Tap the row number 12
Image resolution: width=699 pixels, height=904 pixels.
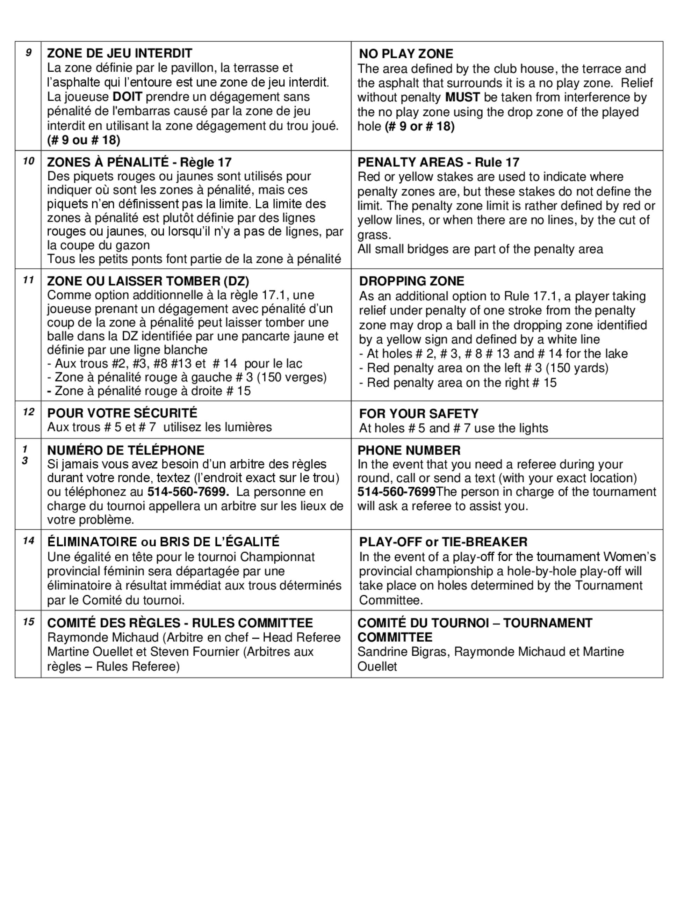coord(28,412)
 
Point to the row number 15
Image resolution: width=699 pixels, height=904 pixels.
coord(28,622)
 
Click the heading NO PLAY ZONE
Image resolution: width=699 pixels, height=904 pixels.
coord(406,54)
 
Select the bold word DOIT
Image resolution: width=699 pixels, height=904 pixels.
coord(128,97)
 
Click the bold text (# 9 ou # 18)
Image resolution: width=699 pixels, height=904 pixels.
coord(84,140)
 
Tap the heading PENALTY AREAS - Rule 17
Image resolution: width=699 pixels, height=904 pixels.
coord(439,162)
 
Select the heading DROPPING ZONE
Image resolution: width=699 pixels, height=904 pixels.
coord(412,282)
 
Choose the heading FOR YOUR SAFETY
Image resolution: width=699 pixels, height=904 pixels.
coord(419,414)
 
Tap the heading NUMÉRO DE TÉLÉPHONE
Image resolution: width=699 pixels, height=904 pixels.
coord(126,450)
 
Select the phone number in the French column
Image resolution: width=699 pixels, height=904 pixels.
coord(188,492)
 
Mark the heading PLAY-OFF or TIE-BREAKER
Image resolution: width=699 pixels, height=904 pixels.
coord(443,542)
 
